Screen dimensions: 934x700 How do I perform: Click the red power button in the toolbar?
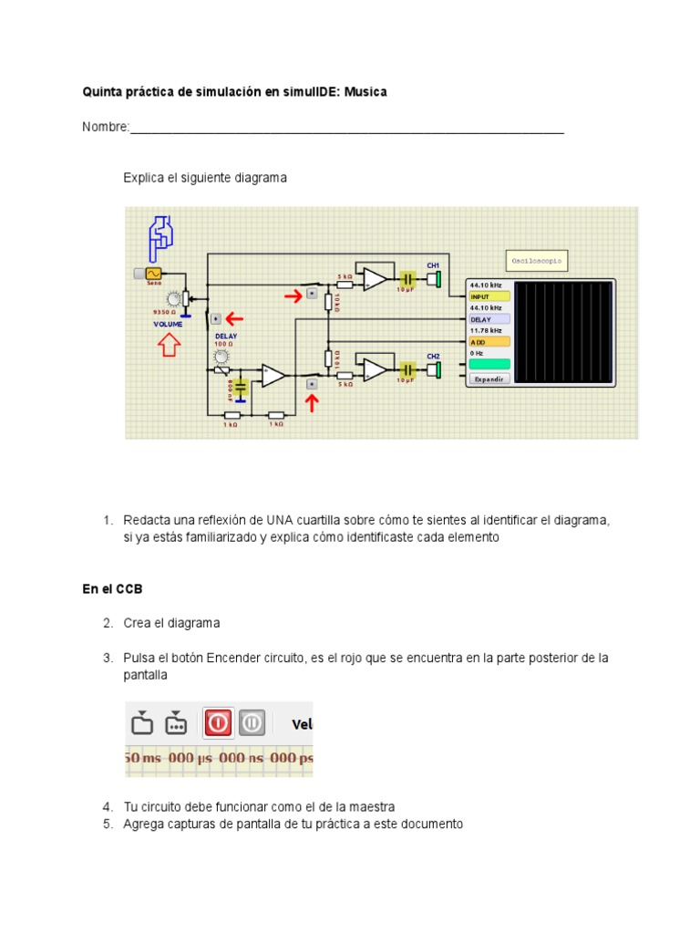[218, 723]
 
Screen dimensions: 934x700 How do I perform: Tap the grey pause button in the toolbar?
[252, 723]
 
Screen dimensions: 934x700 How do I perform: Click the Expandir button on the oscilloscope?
[490, 379]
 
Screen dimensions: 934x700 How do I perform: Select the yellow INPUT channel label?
[489, 296]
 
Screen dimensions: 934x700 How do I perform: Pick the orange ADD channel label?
[489, 341]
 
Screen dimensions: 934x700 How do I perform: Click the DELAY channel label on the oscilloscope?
[489, 319]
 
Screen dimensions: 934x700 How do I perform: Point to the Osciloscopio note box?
[538, 261]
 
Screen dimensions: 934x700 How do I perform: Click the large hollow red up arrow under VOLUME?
[169, 344]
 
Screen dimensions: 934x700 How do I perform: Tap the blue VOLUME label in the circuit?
[168, 324]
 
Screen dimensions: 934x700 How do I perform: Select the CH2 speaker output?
[436, 368]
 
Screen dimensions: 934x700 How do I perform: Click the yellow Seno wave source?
[152, 273]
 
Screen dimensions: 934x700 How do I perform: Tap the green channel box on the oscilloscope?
[489, 363]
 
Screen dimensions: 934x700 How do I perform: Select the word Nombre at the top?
[104, 127]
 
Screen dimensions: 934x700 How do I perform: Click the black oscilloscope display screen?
[564, 332]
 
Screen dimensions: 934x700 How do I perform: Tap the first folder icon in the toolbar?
[141, 723]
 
